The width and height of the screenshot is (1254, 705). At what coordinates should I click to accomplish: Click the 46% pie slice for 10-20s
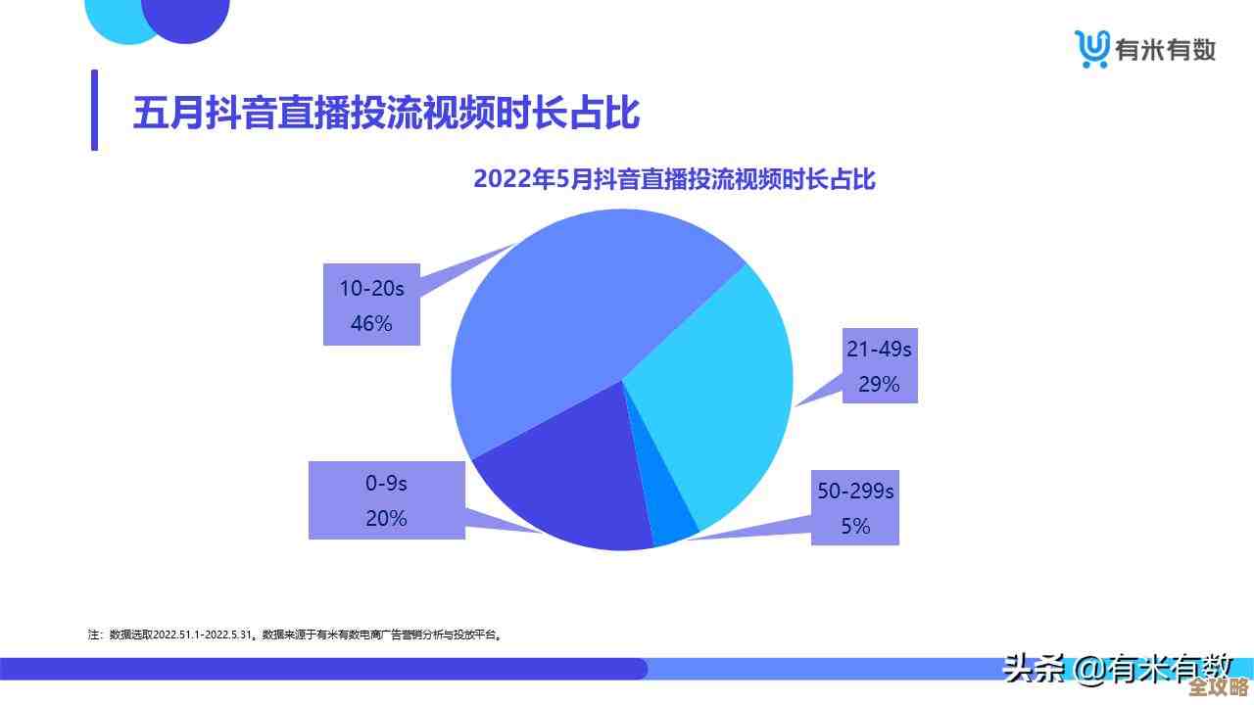(x=568, y=313)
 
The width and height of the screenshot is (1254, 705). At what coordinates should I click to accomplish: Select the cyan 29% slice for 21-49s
(x=715, y=392)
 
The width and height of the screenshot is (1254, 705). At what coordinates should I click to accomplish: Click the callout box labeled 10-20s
(x=371, y=304)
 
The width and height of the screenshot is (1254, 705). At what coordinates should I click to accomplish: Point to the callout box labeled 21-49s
(x=879, y=365)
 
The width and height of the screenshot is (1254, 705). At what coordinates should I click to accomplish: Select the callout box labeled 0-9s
(x=386, y=499)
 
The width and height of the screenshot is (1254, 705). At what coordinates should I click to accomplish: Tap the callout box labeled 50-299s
(x=854, y=507)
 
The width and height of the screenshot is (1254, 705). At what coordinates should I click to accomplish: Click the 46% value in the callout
(x=371, y=323)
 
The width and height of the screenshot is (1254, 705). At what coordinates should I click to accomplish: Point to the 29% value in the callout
(x=879, y=384)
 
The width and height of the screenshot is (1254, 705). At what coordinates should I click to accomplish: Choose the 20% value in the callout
(x=386, y=518)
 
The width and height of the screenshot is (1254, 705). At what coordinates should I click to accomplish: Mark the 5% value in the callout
(x=854, y=526)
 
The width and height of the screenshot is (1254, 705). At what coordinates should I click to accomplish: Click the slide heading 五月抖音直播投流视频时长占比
(x=386, y=113)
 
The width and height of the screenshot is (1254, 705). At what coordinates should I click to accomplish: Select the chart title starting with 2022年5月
(x=674, y=180)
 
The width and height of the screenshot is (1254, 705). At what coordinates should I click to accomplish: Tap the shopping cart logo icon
(x=1091, y=48)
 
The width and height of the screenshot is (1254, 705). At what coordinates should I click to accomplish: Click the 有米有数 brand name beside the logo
(x=1166, y=49)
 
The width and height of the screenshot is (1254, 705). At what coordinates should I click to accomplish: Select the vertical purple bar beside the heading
(x=94, y=110)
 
